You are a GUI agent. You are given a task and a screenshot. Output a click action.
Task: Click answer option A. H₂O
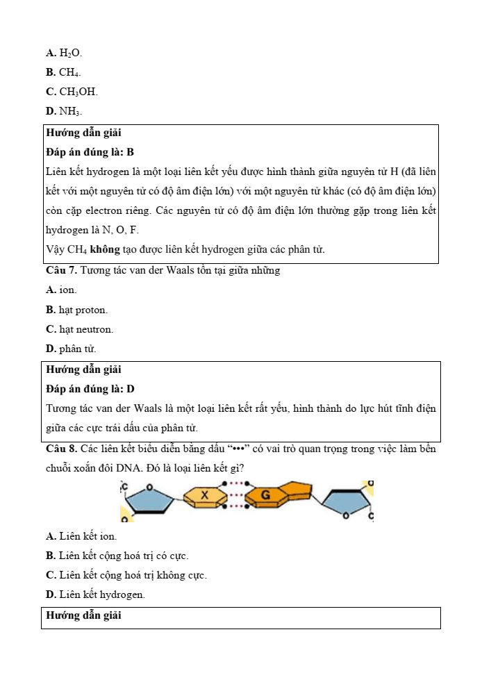(x=63, y=53)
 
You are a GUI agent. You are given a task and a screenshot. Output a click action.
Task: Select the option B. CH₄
(x=63, y=72)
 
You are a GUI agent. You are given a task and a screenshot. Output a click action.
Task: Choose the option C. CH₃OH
(x=72, y=92)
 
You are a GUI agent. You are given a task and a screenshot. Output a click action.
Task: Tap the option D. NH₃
(x=64, y=111)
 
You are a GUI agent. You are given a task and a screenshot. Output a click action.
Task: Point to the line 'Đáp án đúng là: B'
(x=90, y=152)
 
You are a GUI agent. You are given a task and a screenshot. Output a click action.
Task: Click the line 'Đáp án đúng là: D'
(x=90, y=389)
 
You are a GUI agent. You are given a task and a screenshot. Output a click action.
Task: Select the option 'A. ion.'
(x=61, y=290)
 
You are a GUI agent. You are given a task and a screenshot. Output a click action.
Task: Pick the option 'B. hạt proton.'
(x=76, y=310)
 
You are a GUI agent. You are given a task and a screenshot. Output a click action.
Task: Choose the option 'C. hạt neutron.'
(x=79, y=329)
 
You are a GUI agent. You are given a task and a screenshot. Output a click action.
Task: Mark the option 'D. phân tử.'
(x=71, y=349)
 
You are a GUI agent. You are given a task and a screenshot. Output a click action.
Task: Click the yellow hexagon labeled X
(x=205, y=496)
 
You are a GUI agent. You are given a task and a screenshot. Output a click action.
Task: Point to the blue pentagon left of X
(x=148, y=499)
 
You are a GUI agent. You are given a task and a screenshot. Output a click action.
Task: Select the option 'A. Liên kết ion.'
(x=81, y=536)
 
